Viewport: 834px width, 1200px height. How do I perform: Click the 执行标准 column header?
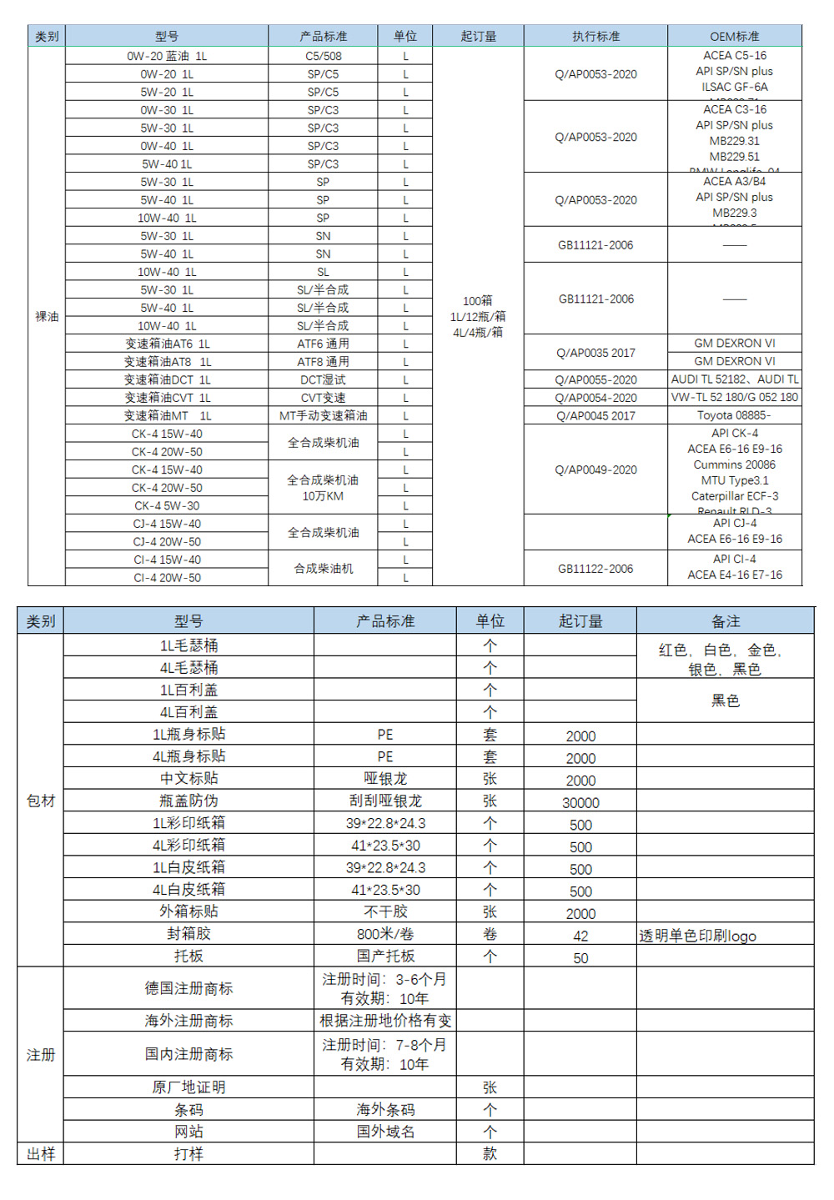[x=595, y=36]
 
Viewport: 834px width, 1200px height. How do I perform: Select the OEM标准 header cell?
[x=734, y=36]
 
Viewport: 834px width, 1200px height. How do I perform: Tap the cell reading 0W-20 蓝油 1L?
[x=167, y=56]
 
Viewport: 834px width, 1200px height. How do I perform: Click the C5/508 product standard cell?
[x=323, y=56]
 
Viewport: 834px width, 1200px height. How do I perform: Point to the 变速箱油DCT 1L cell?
[x=167, y=379]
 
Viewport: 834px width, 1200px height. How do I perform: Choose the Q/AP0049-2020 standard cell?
[x=595, y=469]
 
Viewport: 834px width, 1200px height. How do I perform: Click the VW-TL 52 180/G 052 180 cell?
[x=734, y=397]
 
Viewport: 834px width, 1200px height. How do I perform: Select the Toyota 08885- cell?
[x=734, y=415]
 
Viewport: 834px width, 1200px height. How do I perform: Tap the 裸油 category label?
[x=47, y=316]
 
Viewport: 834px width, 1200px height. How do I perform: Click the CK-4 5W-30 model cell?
[x=167, y=505]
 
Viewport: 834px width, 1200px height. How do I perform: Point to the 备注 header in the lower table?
[x=725, y=621]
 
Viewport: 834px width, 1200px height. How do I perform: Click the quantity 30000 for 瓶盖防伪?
[x=580, y=802]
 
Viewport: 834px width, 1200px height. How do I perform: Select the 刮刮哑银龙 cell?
[x=385, y=801]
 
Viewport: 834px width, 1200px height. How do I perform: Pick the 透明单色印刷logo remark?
[x=698, y=936]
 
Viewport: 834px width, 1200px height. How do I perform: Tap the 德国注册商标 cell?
[x=188, y=988]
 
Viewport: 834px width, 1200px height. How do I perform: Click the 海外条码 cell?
[x=385, y=1109]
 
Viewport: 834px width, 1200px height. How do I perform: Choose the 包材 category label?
[x=40, y=801]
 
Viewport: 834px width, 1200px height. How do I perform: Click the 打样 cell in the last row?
[x=188, y=1153]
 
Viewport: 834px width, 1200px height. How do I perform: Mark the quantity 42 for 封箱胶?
[x=580, y=936]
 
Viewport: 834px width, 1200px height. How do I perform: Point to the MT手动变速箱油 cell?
[x=323, y=415]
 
